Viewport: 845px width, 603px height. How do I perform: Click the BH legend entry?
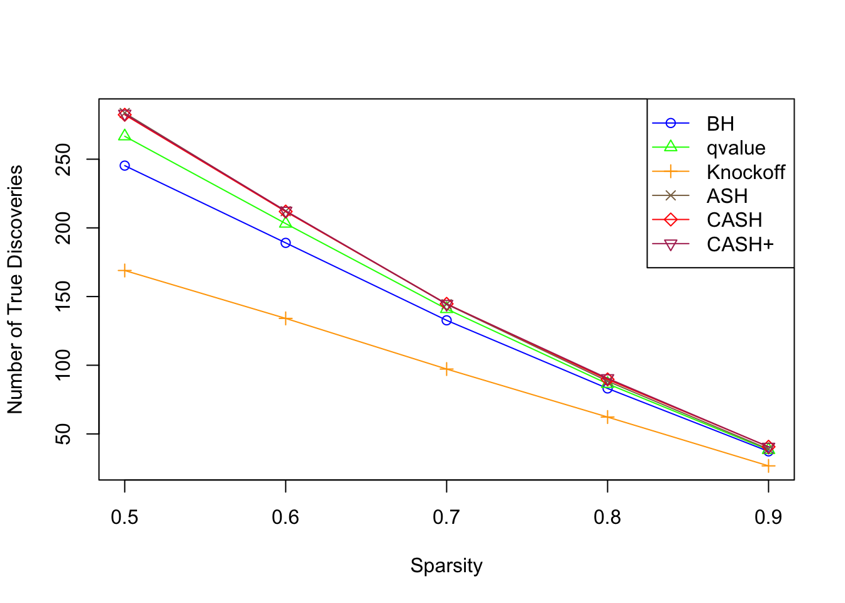coord(720,124)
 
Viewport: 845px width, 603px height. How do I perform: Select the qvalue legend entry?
coord(736,148)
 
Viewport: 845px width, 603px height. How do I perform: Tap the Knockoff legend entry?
coord(745,172)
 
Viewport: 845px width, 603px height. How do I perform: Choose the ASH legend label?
coord(727,196)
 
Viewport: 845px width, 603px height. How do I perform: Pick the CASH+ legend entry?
coord(739,244)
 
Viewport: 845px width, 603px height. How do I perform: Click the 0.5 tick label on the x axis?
coord(124,517)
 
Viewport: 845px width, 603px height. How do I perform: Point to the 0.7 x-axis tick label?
coord(446,517)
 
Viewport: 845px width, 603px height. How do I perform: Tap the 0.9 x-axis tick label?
coord(768,517)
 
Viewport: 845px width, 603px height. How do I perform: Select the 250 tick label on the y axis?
coord(64,160)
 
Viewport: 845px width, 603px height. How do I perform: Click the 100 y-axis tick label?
coord(64,365)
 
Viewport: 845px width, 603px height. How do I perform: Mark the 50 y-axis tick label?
coord(64,434)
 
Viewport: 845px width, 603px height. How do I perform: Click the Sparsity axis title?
coord(446,565)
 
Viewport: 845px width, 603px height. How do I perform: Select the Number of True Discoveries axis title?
coord(15,290)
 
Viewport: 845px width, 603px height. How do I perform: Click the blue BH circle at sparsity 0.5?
coord(124,166)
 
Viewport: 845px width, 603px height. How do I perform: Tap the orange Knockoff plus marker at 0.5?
coord(124,271)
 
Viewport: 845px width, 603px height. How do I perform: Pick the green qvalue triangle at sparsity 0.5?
coord(124,136)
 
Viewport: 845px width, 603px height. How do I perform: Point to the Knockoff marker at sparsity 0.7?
coord(446,369)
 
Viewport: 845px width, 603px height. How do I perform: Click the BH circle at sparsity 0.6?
coord(285,243)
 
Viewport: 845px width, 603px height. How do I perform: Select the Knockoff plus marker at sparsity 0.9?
coord(768,466)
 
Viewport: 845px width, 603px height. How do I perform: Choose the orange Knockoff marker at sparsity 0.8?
coord(607,418)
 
